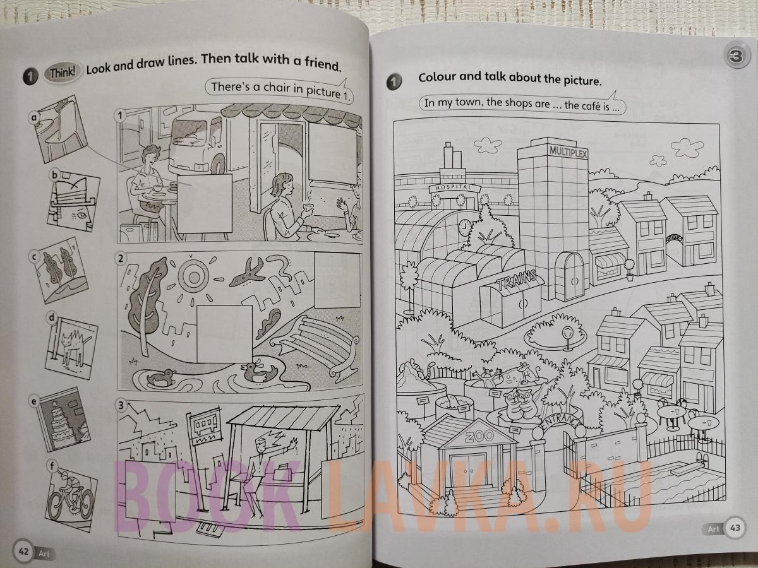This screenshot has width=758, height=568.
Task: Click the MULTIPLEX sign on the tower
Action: click(x=568, y=151)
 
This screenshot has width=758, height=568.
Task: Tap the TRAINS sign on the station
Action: click(x=517, y=280)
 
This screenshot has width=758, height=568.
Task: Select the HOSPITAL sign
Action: click(x=454, y=187)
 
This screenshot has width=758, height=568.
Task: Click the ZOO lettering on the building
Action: click(x=479, y=437)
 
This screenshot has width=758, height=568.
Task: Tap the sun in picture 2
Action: click(x=194, y=276)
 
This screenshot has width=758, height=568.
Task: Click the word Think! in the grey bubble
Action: click(x=62, y=73)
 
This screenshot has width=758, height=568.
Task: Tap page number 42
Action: click(x=23, y=551)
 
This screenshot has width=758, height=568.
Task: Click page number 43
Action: click(x=735, y=528)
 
